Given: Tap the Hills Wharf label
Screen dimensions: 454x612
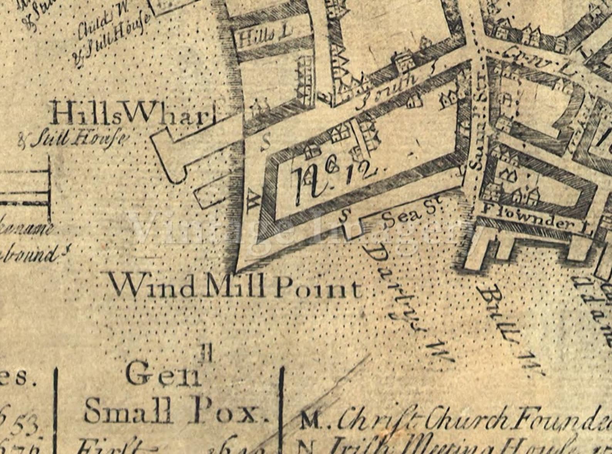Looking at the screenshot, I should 133,114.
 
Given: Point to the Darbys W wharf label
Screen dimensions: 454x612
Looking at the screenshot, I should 409,305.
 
